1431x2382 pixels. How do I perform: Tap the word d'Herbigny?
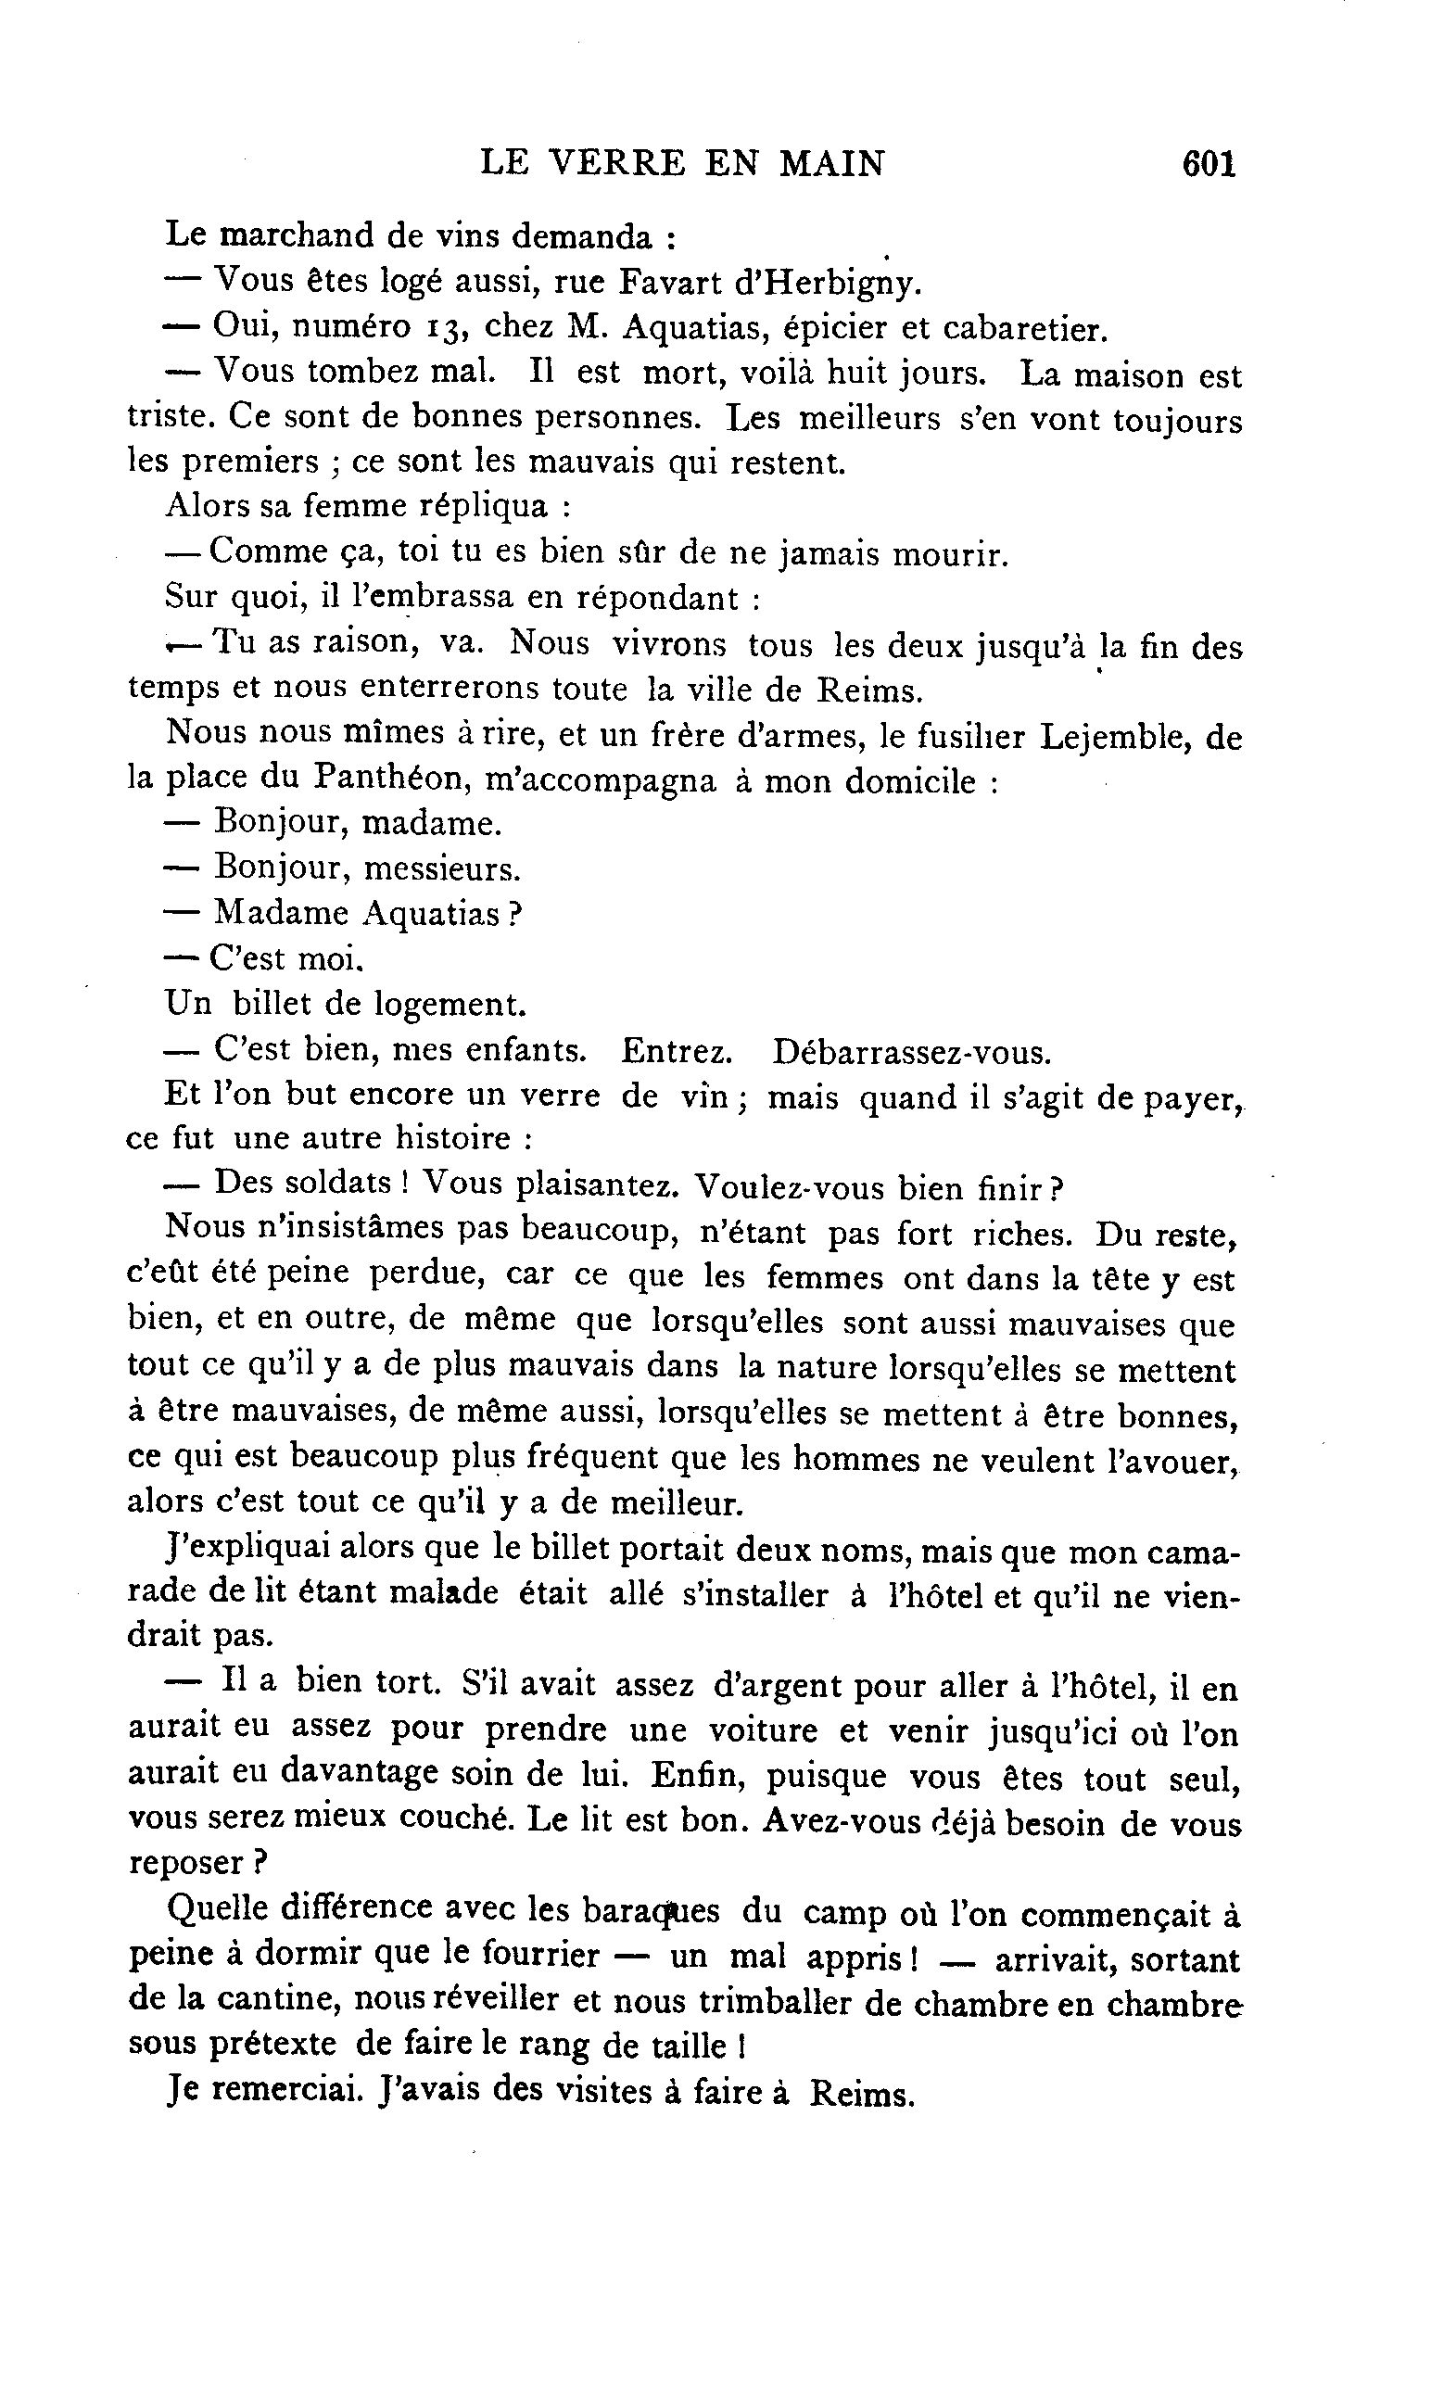[824, 284]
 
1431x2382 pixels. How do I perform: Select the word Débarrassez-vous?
[911, 1051]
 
